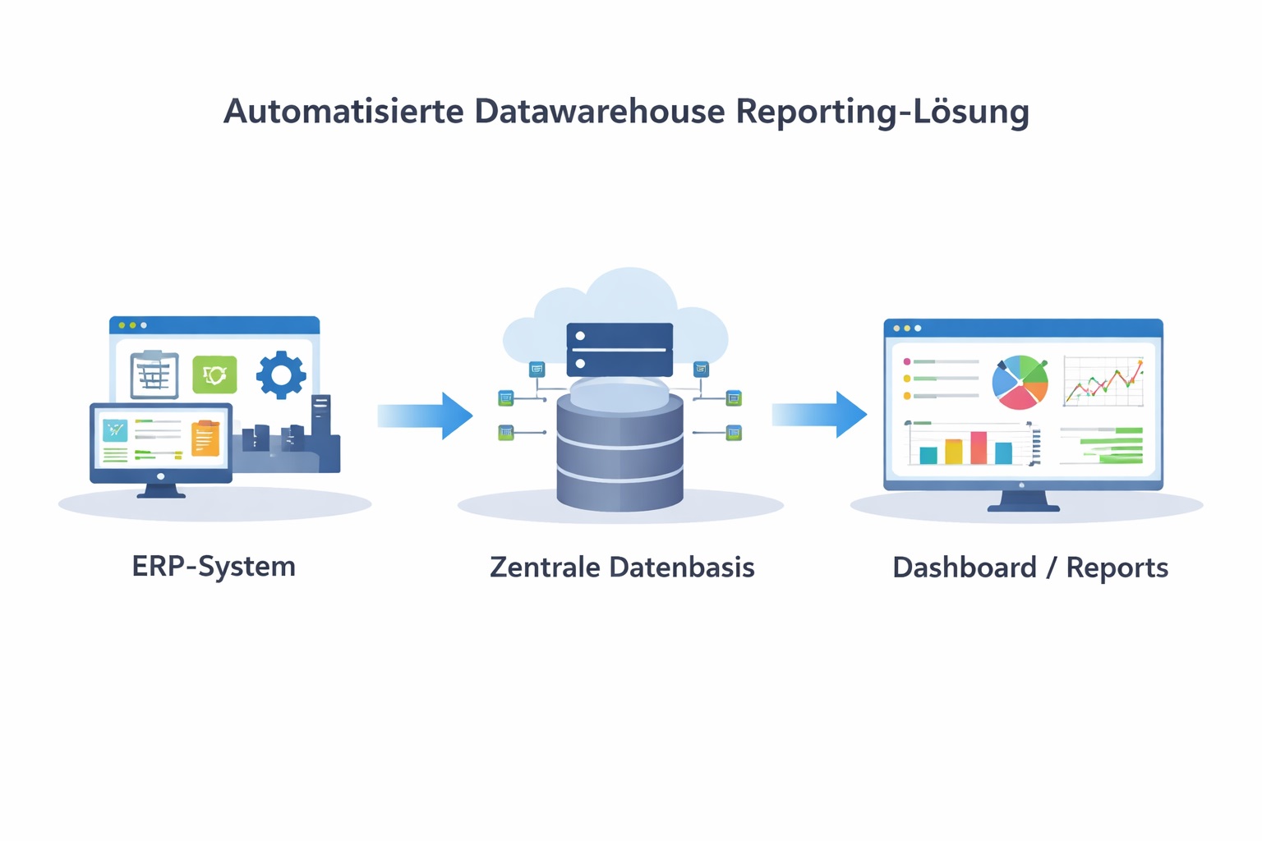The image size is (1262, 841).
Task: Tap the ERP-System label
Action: tap(214, 567)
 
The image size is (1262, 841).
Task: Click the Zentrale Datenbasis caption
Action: tap(622, 568)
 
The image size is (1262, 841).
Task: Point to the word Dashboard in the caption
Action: tap(965, 568)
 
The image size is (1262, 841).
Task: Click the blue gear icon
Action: tap(281, 375)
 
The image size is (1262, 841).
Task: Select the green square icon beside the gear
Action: tap(214, 375)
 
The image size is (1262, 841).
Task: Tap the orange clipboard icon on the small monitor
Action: tap(205, 438)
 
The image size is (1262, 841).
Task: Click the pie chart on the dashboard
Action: tap(1020, 382)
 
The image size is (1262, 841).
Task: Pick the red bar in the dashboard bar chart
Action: tap(979, 448)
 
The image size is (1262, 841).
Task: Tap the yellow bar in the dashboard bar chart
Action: tap(953, 452)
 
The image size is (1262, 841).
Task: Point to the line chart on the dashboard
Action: tap(1103, 382)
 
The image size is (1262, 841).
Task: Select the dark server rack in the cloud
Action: tap(619, 349)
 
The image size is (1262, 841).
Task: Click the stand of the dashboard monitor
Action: tap(1023, 500)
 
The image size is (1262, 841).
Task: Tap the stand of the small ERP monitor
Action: tap(161, 490)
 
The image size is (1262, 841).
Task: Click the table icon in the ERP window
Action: tap(154, 375)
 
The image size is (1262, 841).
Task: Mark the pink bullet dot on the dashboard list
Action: tap(907, 361)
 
